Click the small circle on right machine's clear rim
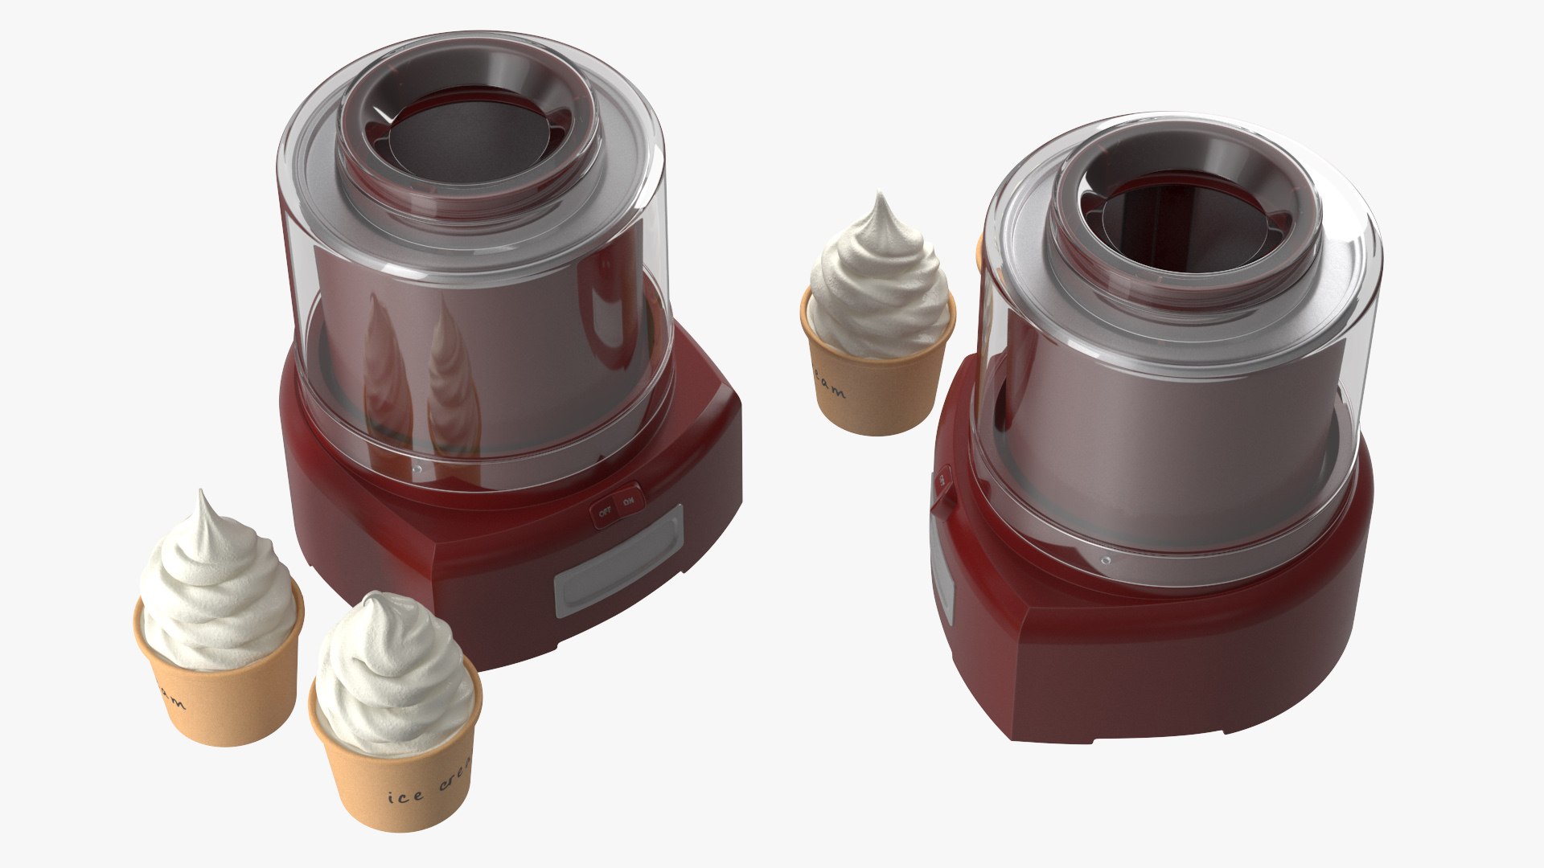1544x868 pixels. [1105, 559]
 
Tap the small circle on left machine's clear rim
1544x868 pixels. [417, 467]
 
